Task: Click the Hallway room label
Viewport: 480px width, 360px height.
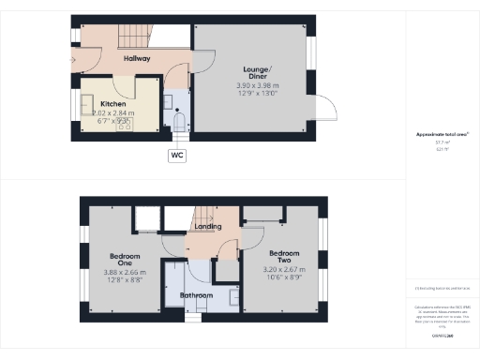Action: tap(137, 58)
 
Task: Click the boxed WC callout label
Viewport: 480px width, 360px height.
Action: tap(177, 156)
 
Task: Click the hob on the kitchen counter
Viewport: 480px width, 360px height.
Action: tap(123, 123)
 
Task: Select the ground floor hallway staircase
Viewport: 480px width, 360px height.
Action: tap(132, 37)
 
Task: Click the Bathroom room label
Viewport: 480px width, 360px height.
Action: tap(196, 295)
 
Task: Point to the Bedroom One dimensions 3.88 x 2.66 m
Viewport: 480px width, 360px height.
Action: tap(126, 273)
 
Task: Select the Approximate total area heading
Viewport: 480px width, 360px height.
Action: tap(442, 134)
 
